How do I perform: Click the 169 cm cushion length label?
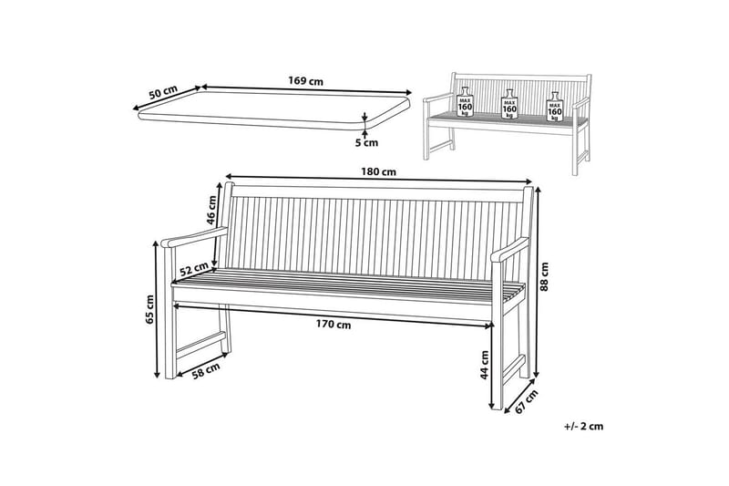coord(305,81)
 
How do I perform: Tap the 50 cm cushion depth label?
coord(163,91)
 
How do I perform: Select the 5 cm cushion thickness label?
coord(367,143)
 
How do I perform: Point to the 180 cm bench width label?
coord(379,171)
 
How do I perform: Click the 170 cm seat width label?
coord(334,325)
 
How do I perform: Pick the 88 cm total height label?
coord(544,276)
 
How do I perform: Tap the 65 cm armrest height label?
coord(149,309)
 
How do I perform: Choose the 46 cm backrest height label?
coord(211,210)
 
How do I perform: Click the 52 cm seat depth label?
coord(194,269)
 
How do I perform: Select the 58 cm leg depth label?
coord(206,371)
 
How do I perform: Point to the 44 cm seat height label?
coord(485,365)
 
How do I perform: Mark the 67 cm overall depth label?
coord(527,401)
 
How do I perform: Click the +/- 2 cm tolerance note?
coord(583,426)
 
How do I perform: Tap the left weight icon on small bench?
coord(465,105)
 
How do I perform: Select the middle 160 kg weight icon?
coord(509,106)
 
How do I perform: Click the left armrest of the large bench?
coord(194,238)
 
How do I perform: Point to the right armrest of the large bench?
coord(510,250)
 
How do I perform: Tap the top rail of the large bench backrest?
coord(378,192)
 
